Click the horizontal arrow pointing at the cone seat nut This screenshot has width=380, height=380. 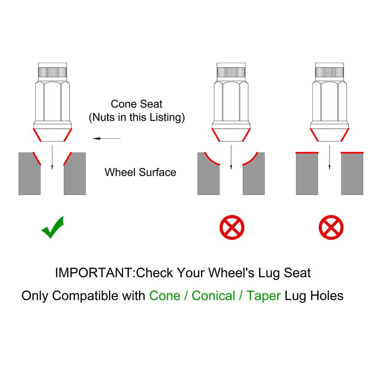point(107,139)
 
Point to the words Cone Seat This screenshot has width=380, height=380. point(136,104)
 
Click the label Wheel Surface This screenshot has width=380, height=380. point(140,172)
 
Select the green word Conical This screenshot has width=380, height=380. point(213,296)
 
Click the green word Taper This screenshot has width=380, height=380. point(263,296)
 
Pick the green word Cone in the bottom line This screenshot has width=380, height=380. point(165,296)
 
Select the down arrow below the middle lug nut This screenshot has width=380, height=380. point(231,157)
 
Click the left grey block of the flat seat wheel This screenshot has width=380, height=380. point(307,174)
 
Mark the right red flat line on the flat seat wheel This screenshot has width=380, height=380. point(352,153)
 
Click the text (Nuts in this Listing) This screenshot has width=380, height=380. point(137,117)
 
